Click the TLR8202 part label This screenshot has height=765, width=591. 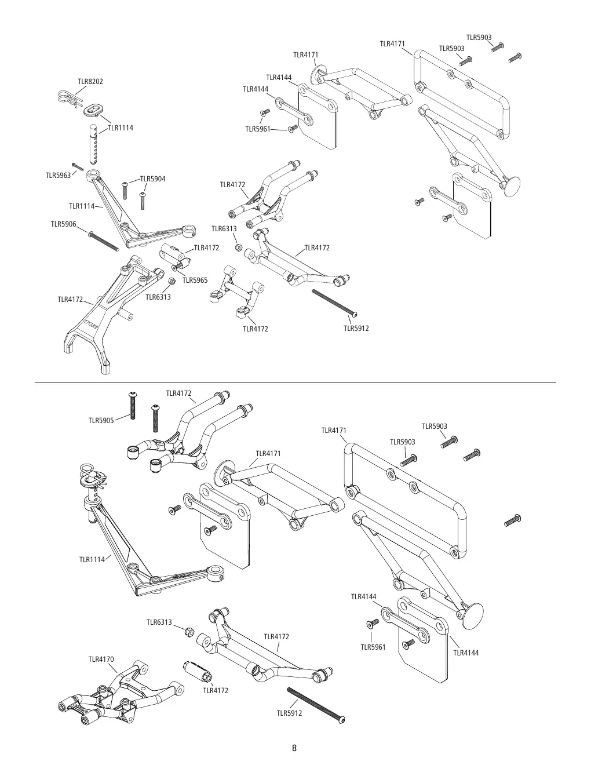click(x=90, y=82)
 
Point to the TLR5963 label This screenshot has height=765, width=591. click(x=58, y=176)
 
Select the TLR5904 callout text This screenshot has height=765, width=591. click(x=153, y=179)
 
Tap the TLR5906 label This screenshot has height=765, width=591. click(x=63, y=224)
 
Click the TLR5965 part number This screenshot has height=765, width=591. click(x=195, y=280)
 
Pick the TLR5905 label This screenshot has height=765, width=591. click(x=101, y=420)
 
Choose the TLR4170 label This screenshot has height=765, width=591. click(x=101, y=659)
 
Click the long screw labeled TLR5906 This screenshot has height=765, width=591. click(x=104, y=241)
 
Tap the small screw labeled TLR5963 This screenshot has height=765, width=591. click(x=78, y=166)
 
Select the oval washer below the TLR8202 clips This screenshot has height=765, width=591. click(x=93, y=110)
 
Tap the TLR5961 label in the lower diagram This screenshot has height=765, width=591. click(x=373, y=647)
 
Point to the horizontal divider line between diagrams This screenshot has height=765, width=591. click(x=295, y=382)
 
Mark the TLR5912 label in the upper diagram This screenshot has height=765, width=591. click(x=356, y=329)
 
